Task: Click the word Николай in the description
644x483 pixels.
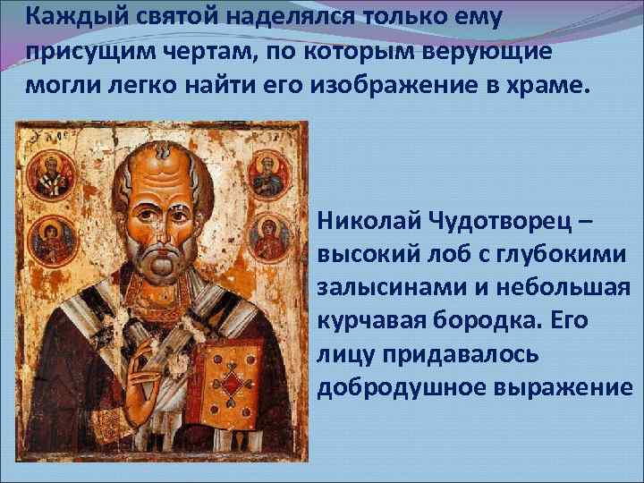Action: [x=363, y=221]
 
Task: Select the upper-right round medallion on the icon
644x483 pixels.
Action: [x=269, y=172]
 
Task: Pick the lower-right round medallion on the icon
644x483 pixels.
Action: [x=269, y=235]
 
